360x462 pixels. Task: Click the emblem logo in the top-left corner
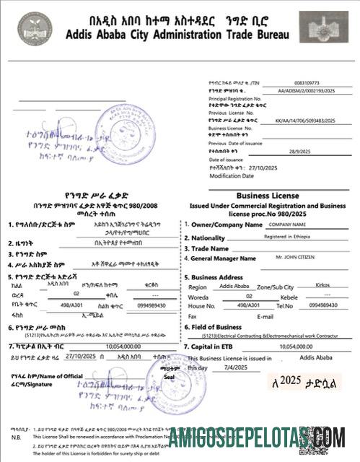point(35,27)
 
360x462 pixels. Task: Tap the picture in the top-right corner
point(323,27)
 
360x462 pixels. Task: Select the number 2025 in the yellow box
point(292,380)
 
